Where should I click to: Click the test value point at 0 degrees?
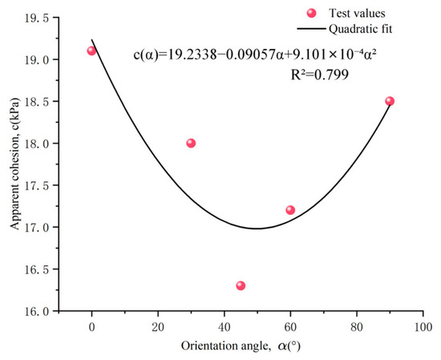91,51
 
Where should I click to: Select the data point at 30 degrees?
191,144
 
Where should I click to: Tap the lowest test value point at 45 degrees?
241,285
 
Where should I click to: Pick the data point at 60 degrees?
290,210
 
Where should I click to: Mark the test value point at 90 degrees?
390,101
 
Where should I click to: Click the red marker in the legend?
311,13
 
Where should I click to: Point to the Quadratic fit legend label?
361,29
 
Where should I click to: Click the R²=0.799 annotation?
319,75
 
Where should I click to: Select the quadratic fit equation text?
255,55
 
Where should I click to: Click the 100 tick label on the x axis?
423,327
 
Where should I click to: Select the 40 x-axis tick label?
225,327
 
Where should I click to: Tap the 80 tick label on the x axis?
357,327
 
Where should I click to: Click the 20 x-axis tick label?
158,327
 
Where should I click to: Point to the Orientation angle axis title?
241,346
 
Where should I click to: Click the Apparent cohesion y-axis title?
15,164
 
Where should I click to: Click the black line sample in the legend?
311,29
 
